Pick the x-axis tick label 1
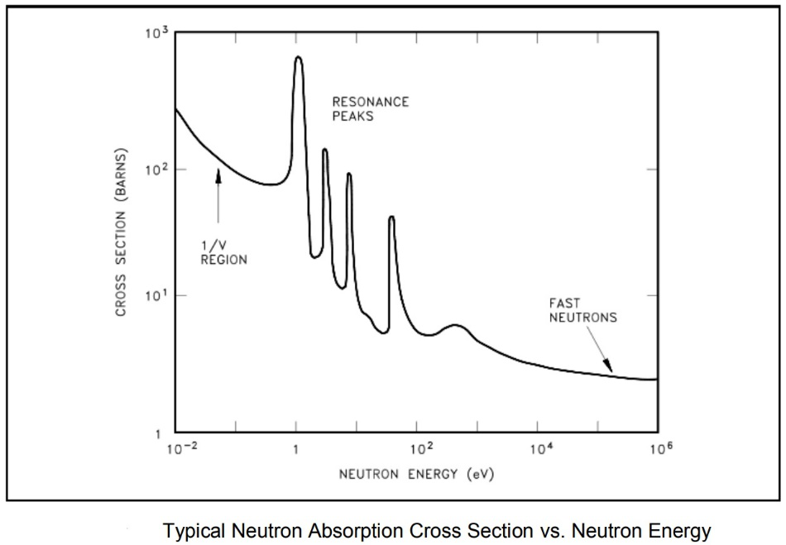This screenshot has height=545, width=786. [x=295, y=450]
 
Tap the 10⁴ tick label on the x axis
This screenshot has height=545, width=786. [x=540, y=449]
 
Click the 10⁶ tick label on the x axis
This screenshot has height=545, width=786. [x=660, y=449]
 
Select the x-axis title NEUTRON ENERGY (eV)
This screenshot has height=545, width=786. [x=416, y=475]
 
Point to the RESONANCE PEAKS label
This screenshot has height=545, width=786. [x=371, y=109]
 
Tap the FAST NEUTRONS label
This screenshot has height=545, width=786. [x=583, y=310]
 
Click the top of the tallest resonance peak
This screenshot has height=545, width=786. [x=298, y=57]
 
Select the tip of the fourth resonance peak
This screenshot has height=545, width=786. [x=391, y=217]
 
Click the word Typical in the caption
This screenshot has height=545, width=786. [x=189, y=530]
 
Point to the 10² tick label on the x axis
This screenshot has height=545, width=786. [x=420, y=449]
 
